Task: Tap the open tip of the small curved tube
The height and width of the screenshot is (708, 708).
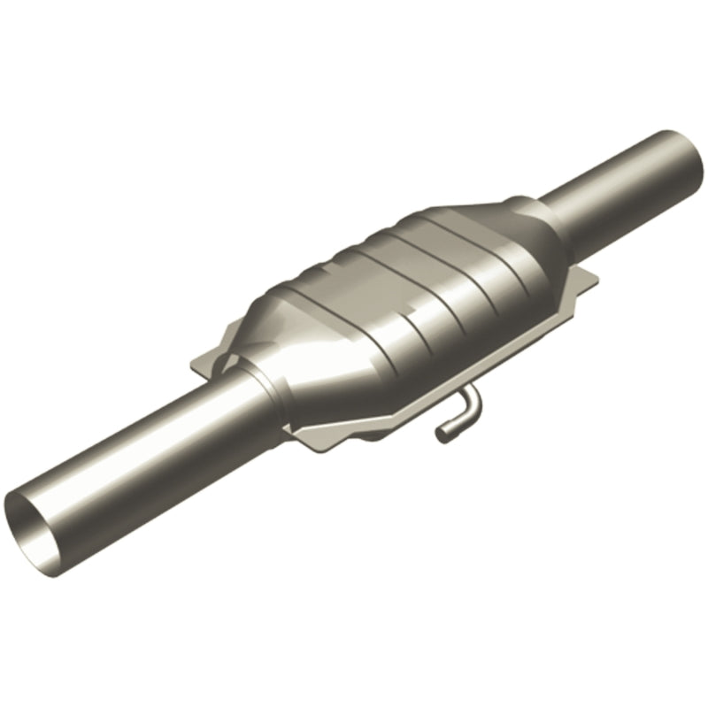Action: [441, 433]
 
